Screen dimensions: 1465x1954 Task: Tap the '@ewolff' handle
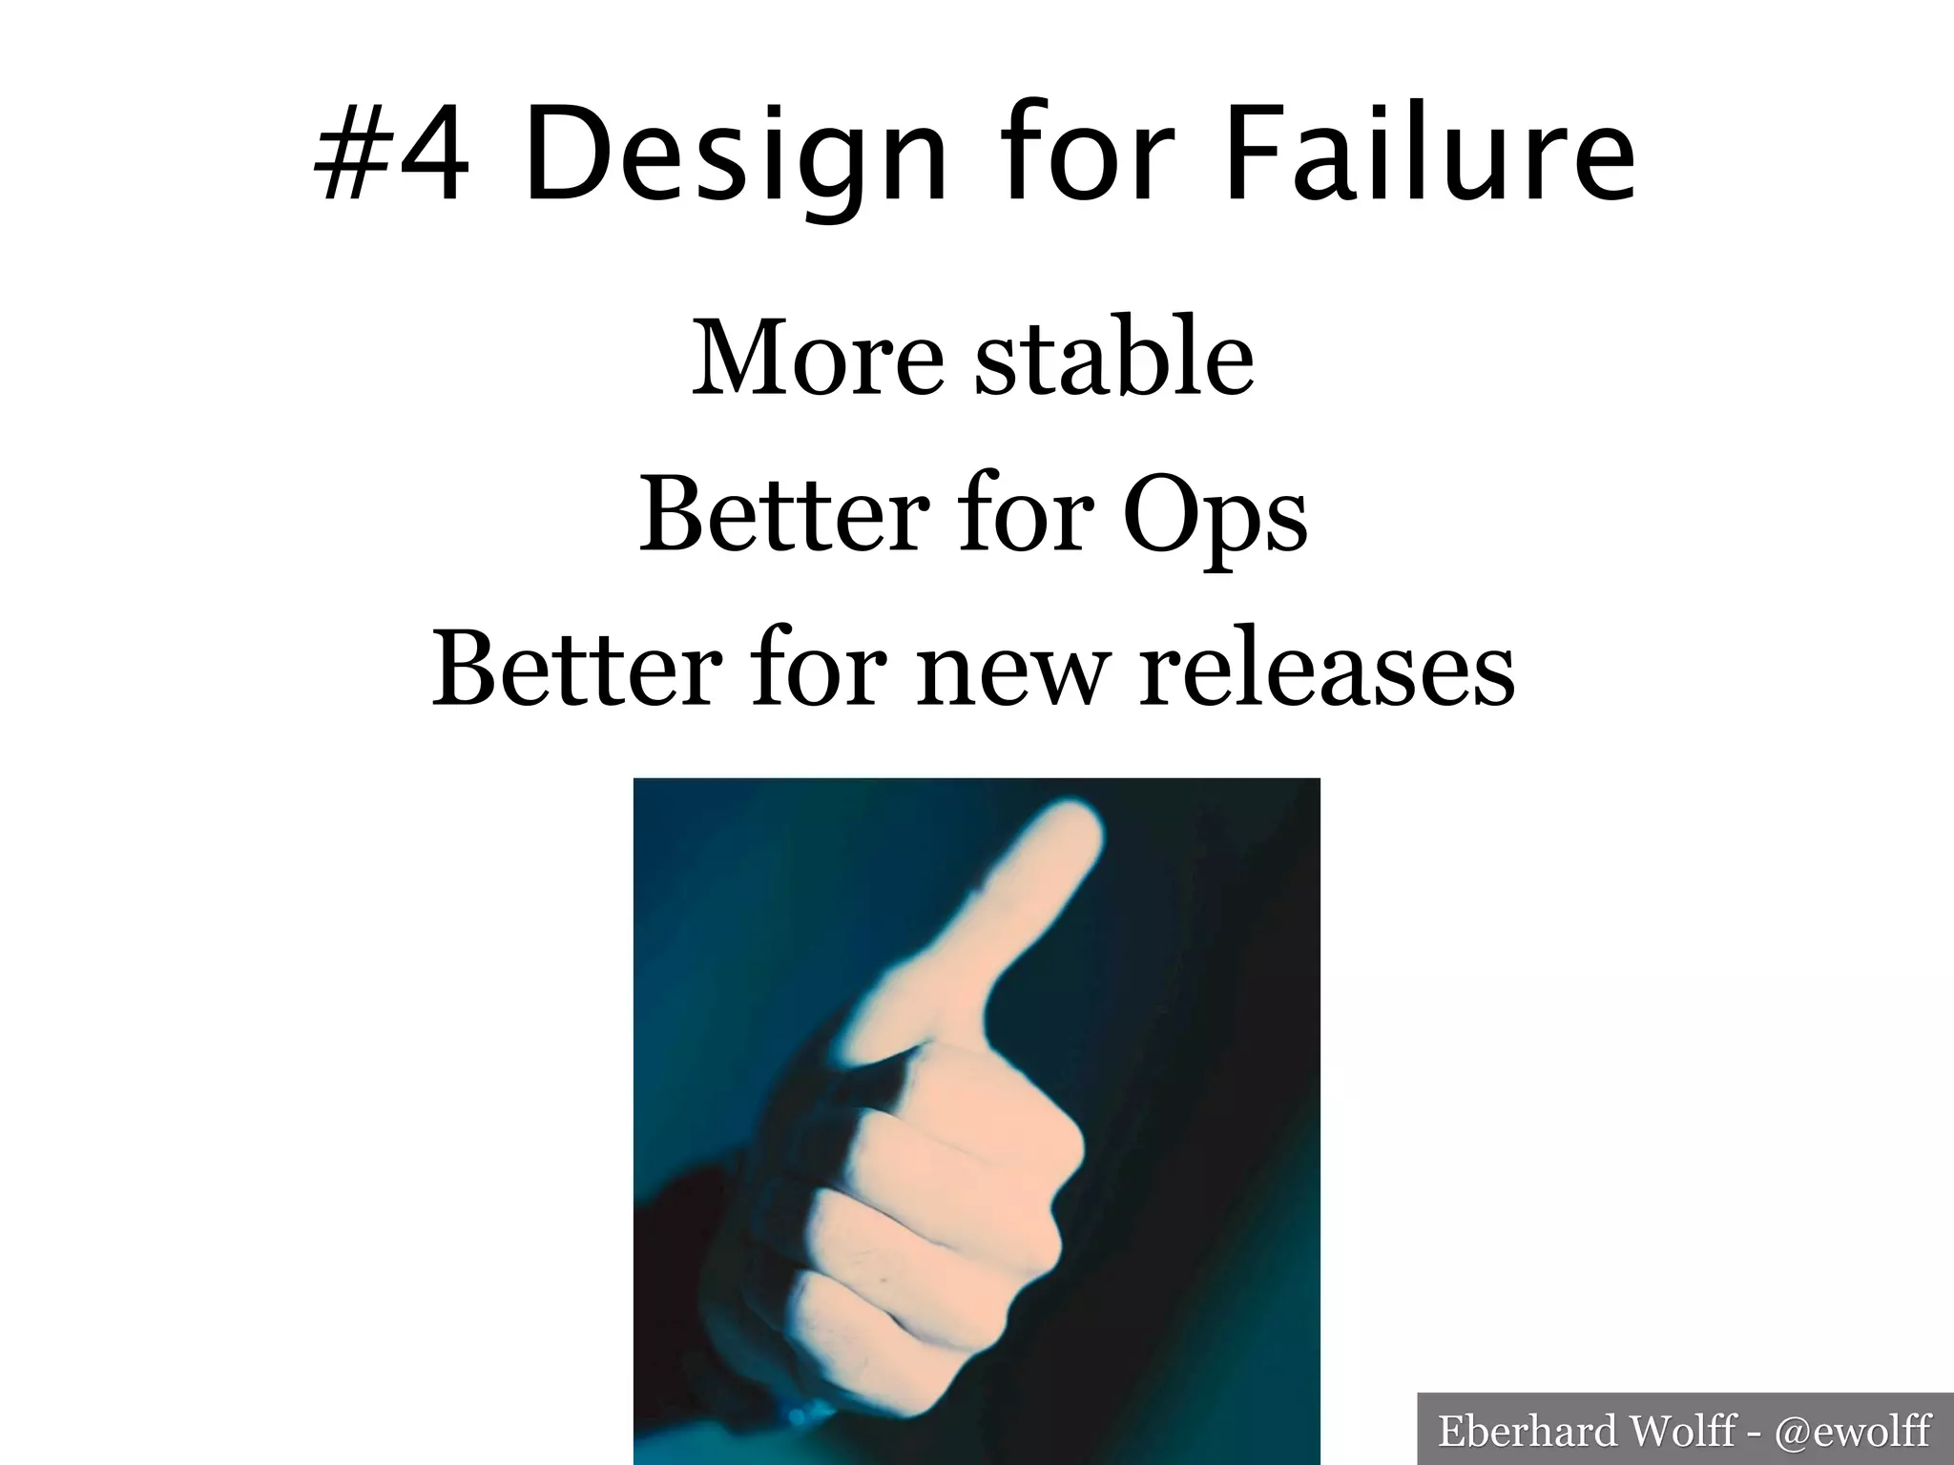(1852, 1431)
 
